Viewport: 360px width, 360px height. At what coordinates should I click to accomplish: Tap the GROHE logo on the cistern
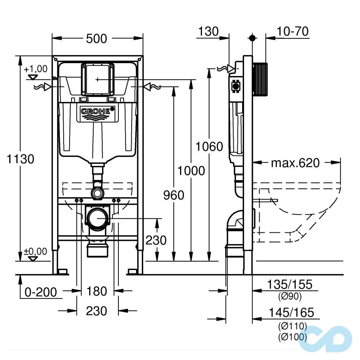(x=96, y=114)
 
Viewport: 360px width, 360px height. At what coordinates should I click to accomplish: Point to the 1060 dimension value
(x=209, y=147)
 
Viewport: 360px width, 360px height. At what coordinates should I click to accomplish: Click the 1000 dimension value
(x=191, y=171)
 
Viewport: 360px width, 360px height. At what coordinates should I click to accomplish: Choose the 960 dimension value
(x=174, y=195)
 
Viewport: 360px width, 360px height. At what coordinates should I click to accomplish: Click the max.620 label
(x=296, y=163)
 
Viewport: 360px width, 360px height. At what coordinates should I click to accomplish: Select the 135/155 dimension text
(x=290, y=285)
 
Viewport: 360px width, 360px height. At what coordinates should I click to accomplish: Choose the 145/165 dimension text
(x=290, y=312)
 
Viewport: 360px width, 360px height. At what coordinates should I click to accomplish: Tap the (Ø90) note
(x=290, y=296)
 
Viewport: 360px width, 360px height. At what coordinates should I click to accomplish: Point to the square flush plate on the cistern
(x=97, y=80)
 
